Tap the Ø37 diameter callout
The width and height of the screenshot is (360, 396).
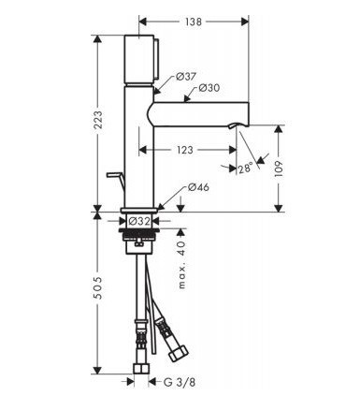[184, 77]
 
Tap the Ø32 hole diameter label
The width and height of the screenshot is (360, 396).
[140, 221]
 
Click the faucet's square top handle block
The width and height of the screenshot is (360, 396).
[137, 60]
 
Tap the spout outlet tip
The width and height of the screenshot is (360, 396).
[245, 122]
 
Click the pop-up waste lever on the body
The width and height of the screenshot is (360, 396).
[114, 178]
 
